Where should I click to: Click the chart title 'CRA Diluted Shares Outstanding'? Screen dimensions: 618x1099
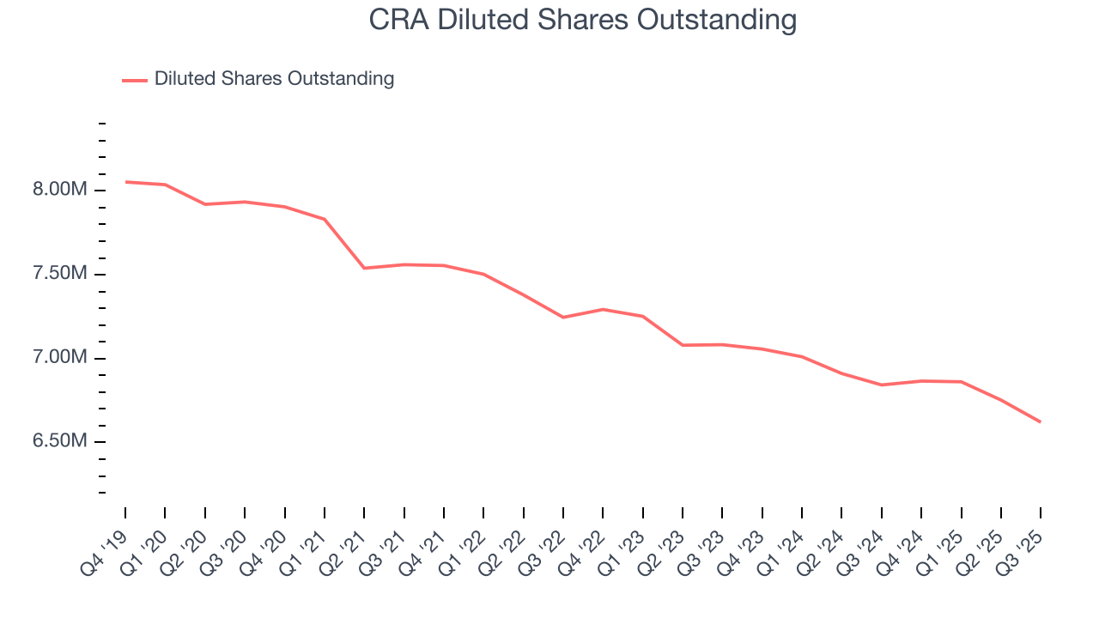tap(583, 20)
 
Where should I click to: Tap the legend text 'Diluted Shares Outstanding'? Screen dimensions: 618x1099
tap(274, 79)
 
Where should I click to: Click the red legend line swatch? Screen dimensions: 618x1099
tap(135, 80)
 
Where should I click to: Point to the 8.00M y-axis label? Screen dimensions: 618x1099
tap(60, 190)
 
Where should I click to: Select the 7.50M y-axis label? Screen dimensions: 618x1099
tap(60, 274)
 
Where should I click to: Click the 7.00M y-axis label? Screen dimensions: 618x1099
tap(60, 357)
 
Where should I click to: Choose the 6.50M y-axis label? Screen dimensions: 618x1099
tap(60, 441)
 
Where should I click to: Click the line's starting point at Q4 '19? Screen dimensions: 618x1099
tap(125, 182)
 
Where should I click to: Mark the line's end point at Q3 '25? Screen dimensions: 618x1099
tap(1041, 421)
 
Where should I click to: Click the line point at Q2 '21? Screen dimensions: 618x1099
tap(364, 268)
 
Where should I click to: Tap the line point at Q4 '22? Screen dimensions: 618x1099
tap(603, 309)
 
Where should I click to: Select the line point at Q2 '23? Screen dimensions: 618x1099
tap(683, 345)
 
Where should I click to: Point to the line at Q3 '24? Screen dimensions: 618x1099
tap(881, 385)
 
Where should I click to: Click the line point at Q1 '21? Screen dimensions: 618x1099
tap(325, 219)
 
